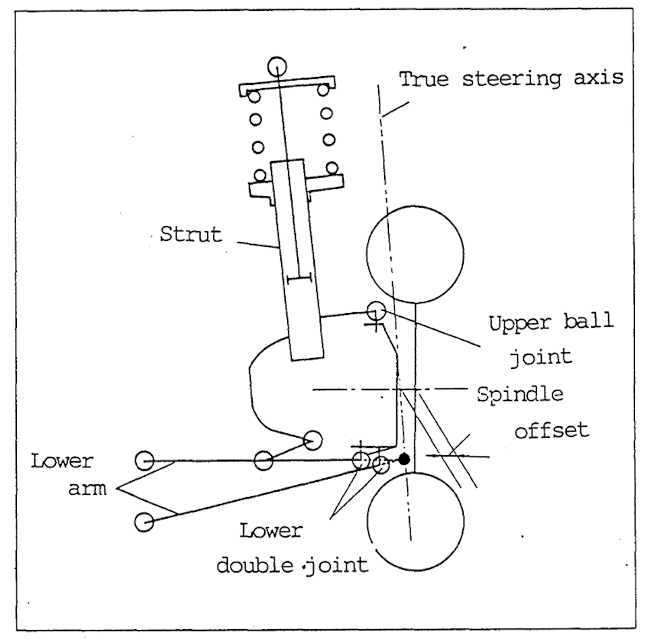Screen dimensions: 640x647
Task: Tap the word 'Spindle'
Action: pyautogui.click(x=520, y=394)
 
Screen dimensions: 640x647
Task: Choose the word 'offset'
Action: pyautogui.click(x=551, y=430)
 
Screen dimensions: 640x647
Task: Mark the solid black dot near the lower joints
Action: pyautogui.click(x=404, y=459)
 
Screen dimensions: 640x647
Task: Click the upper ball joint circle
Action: pyautogui.click(x=375, y=310)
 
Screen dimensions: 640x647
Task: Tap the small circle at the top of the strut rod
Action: pyautogui.click(x=276, y=66)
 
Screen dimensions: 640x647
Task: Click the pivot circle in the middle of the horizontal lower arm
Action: pyautogui.click(x=264, y=461)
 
